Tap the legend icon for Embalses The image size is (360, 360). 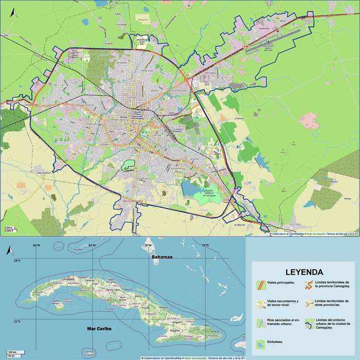point(260,343)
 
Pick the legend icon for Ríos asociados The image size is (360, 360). point(260,323)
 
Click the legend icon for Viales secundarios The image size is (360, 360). point(260,303)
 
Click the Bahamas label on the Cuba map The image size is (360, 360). point(161,256)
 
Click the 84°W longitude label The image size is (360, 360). point(35,245)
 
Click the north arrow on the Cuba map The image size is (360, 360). point(8,250)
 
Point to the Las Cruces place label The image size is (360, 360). point(294,225)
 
